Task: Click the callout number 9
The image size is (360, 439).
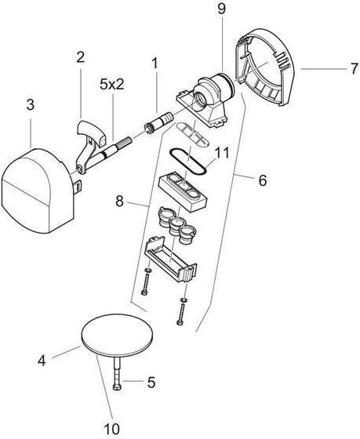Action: click(221, 10)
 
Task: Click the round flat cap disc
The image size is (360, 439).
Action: click(117, 336)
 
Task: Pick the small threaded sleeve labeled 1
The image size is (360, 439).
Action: click(154, 125)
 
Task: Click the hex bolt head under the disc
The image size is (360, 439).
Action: click(116, 388)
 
